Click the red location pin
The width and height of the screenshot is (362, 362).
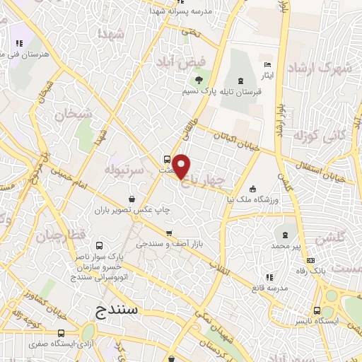182,165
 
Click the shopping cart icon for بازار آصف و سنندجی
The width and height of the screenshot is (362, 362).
169,233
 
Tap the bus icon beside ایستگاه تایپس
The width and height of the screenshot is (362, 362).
317,310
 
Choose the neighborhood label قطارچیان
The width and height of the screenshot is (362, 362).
62,235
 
